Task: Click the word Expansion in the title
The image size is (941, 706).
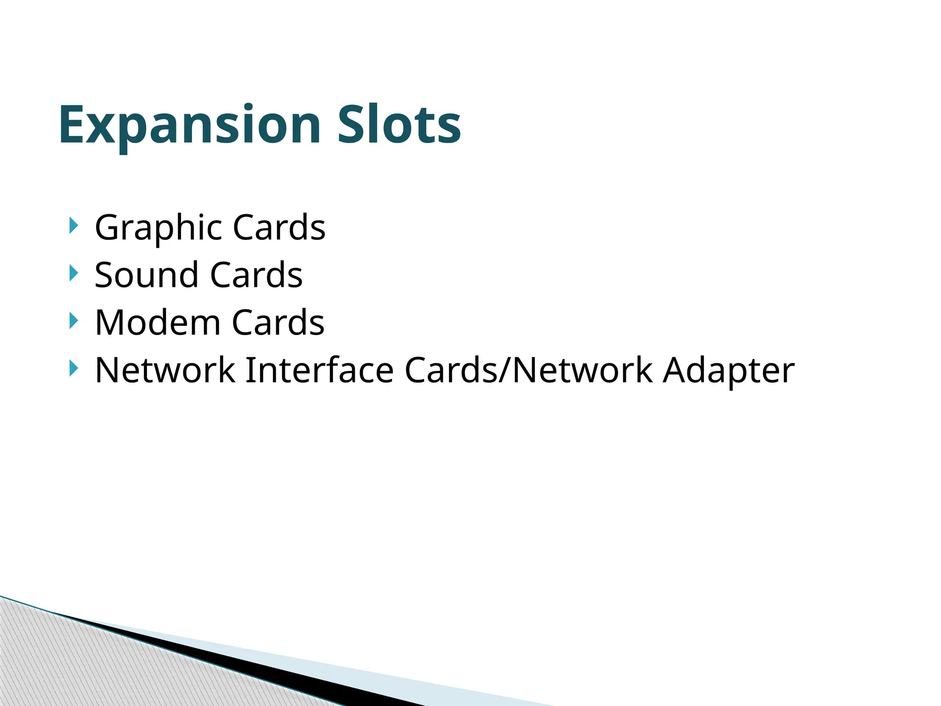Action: click(x=189, y=125)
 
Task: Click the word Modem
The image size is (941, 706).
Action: click(x=158, y=323)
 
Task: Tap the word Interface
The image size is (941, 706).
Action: click(x=319, y=370)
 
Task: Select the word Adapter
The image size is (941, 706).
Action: click(x=728, y=370)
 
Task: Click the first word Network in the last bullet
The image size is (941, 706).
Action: click(x=164, y=370)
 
